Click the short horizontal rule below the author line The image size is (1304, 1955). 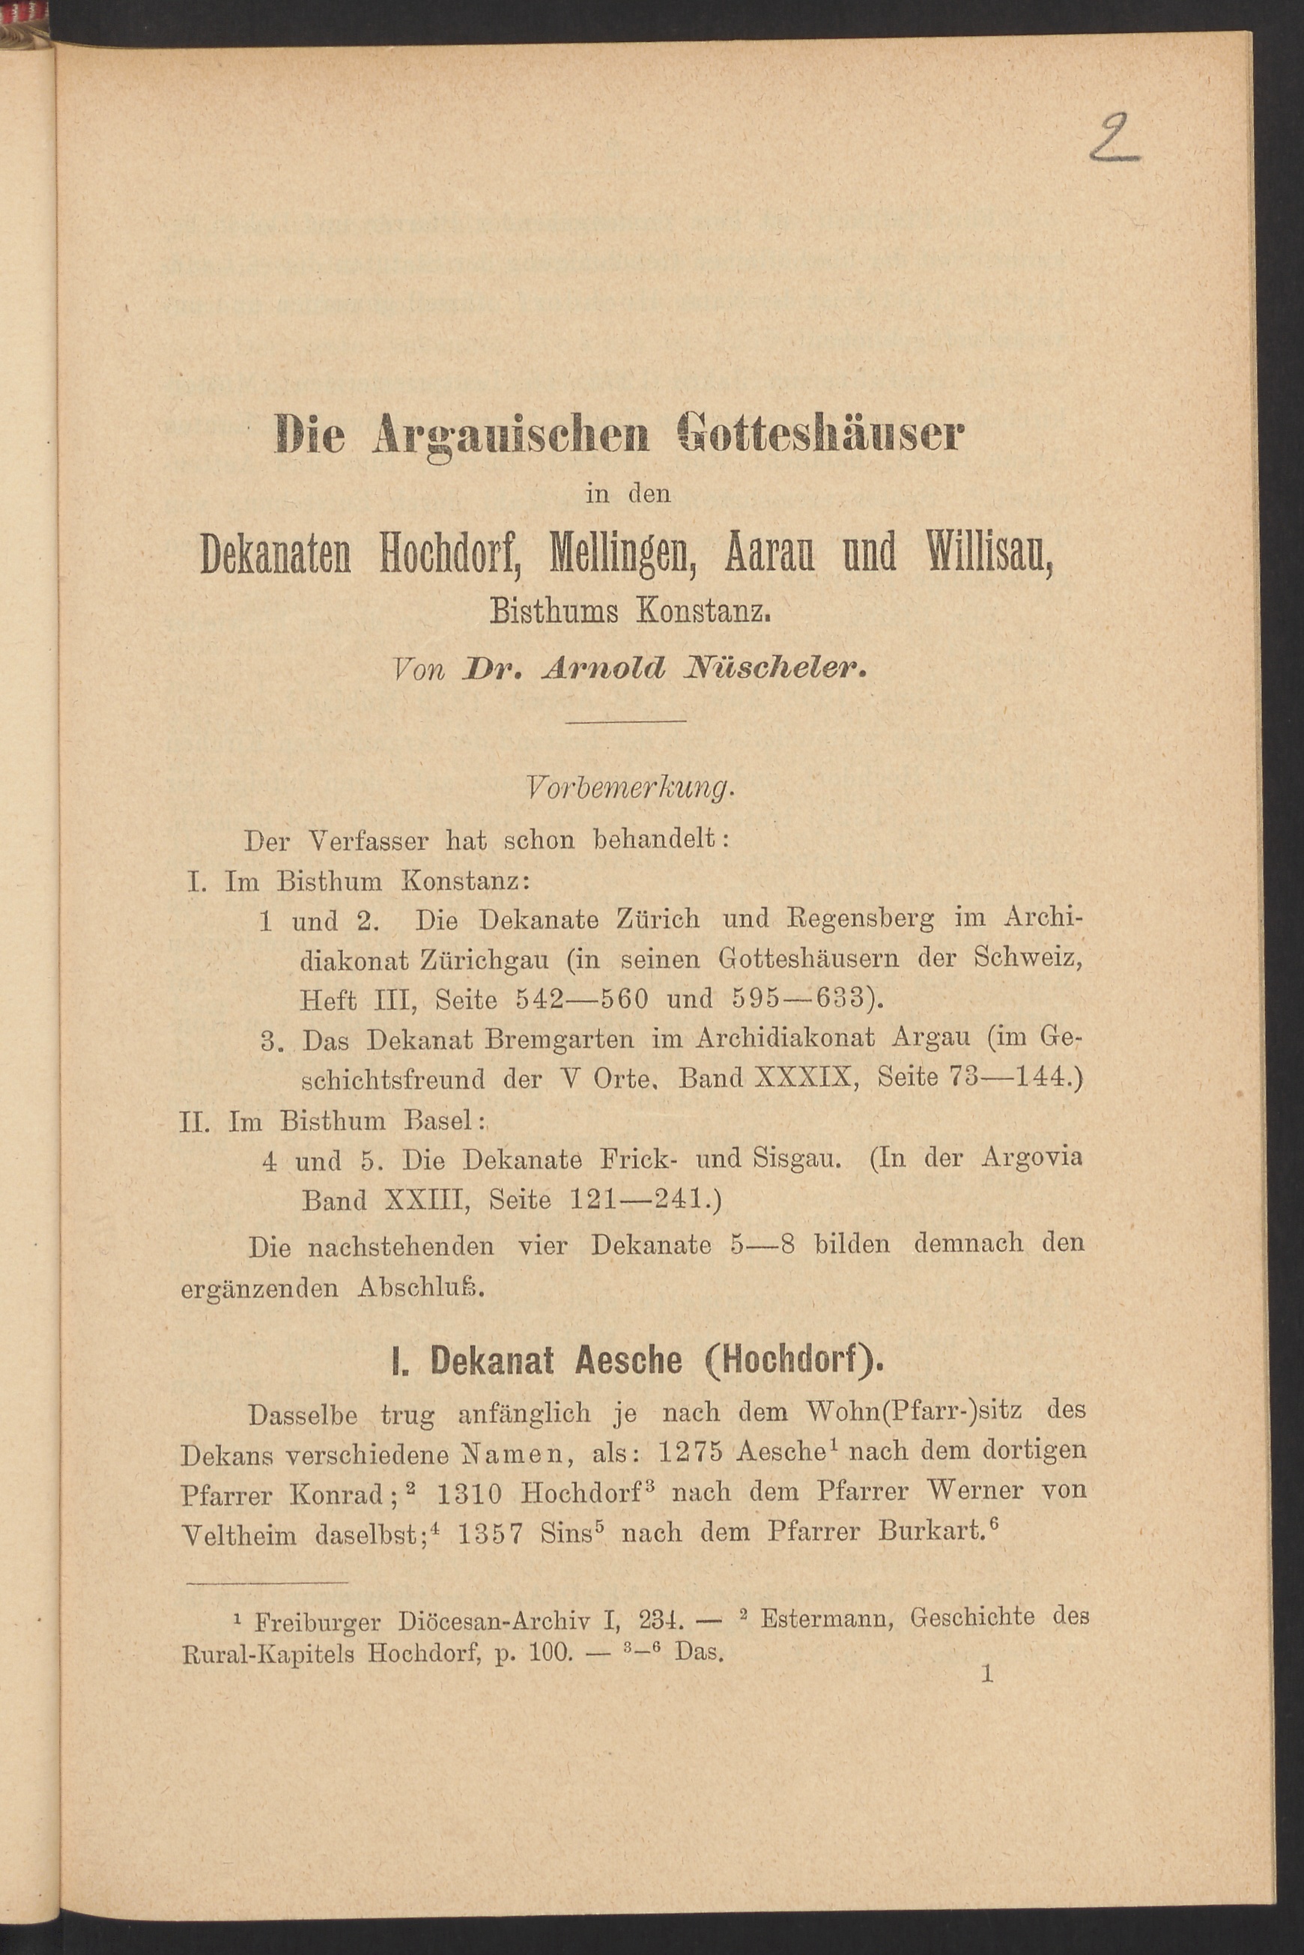625,720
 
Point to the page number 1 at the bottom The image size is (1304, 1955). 987,1673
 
